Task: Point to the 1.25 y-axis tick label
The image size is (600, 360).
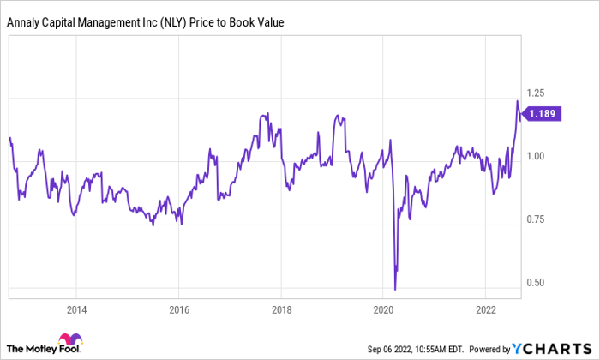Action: pyautogui.click(x=536, y=93)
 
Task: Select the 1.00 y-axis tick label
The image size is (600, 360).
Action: pyautogui.click(x=536, y=156)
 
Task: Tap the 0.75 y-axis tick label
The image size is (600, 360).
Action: pyautogui.click(x=536, y=219)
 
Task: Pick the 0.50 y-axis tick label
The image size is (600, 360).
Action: pyautogui.click(x=536, y=283)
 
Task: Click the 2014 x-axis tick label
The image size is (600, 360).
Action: pyautogui.click(x=76, y=309)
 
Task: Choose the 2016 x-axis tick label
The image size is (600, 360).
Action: pyautogui.click(x=178, y=309)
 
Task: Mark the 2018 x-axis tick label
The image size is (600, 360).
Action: pyautogui.click(x=281, y=309)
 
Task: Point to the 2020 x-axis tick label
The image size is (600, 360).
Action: pyautogui.click(x=384, y=309)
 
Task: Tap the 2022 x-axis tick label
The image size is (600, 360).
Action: pyautogui.click(x=486, y=309)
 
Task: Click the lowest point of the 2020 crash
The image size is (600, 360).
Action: pyautogui.click(x=395, y=289)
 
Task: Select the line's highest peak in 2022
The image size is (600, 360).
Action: pyautogui.click(x=517, y=101)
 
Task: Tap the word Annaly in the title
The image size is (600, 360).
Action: pyautogui.click(x=27, y=22)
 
